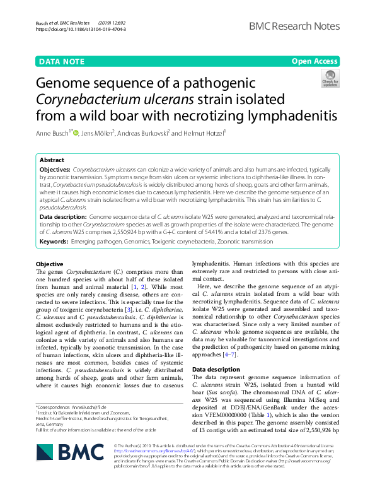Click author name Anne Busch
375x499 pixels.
coord(54,133)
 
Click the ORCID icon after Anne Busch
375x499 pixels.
coord(76,132)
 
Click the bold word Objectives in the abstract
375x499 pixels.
coord(55,170)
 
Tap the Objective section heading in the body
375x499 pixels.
coord(50,263)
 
